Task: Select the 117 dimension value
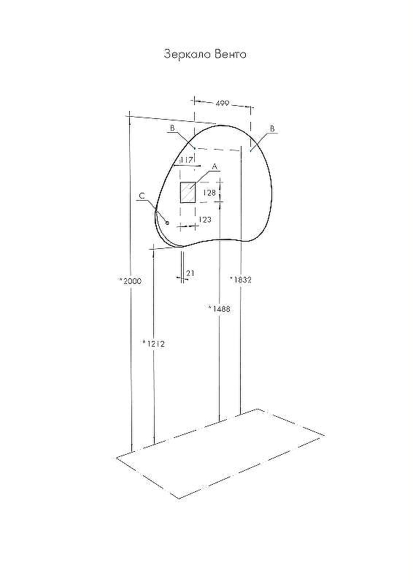(185, 160)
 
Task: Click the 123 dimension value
(205, 219)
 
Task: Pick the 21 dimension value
(190, 273)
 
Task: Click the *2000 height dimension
(130, 280)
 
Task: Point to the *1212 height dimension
(153, 342)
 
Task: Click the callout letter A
(215, 166)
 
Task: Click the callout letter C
(142, 196)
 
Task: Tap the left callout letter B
(172, 128)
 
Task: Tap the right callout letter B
(272, 128)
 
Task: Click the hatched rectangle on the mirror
(188, 192)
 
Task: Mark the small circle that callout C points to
(167, 222)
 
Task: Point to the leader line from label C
(155, 208)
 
